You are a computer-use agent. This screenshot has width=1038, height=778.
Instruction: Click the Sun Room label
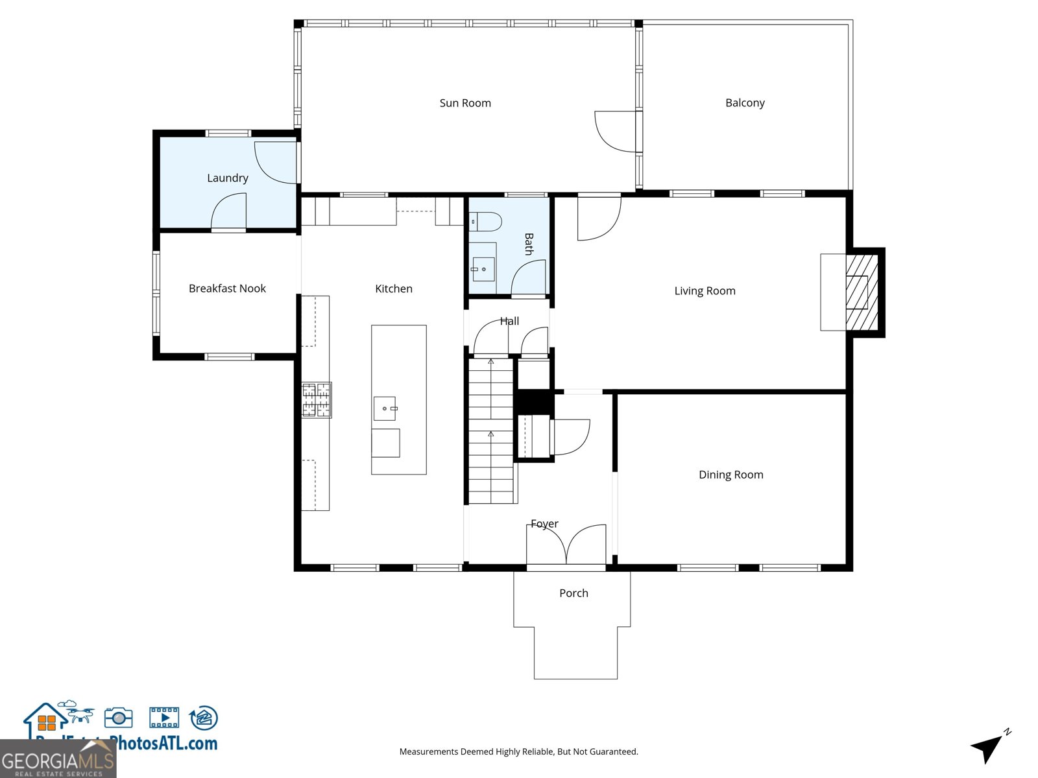465,103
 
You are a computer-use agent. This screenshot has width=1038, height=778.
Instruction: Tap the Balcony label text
745,102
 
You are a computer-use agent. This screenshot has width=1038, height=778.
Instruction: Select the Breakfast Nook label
227,289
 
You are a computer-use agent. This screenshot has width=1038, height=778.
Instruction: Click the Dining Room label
730,475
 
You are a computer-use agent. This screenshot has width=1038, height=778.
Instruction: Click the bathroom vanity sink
483,269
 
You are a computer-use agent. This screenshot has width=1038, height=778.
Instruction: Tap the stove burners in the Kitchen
317,399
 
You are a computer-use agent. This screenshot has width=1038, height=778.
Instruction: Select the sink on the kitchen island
385,408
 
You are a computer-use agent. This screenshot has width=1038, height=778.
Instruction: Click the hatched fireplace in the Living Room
862,292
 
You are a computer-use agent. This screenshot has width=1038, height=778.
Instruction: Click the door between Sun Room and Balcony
618,132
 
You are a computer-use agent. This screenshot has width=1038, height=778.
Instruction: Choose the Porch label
573,593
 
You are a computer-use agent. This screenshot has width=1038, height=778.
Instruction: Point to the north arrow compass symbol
989,746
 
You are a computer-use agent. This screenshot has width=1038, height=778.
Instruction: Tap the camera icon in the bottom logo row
118,718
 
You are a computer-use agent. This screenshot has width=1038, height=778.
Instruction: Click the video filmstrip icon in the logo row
164,718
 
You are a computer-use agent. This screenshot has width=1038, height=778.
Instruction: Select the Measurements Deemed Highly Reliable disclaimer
518,751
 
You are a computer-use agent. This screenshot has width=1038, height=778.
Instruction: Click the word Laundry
227,178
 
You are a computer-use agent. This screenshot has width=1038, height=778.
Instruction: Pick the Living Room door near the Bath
598,218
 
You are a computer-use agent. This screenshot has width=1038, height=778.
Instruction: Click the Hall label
509,321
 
